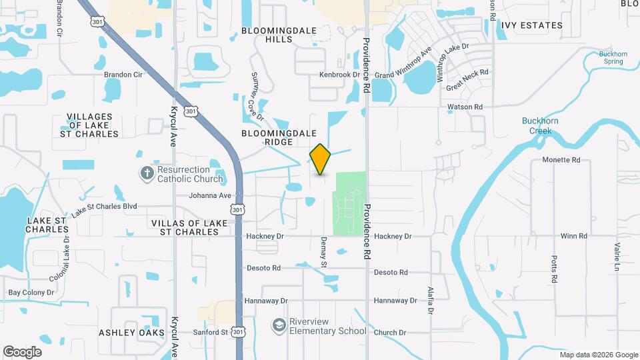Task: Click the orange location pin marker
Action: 320,159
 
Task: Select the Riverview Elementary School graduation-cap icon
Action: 279,325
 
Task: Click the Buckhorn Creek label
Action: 541,125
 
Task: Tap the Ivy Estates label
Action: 532,25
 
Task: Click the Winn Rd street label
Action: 573,236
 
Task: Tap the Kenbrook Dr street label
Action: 339,75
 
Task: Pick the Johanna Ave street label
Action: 210,195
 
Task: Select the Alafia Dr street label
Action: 430,301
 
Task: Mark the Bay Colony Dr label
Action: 31,293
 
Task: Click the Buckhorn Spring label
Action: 611,57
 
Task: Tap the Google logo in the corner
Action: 22,351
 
